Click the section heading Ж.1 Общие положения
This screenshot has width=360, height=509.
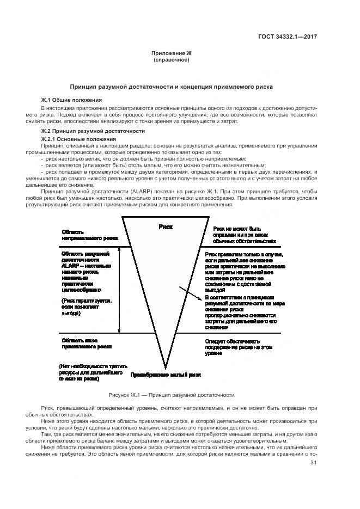pos(71,101)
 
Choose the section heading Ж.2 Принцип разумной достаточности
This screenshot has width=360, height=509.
pos(93,131)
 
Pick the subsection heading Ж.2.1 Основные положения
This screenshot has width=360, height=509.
pos(75,139)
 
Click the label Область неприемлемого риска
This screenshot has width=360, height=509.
pos(90,235)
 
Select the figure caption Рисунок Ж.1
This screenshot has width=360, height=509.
pos(172,395)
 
